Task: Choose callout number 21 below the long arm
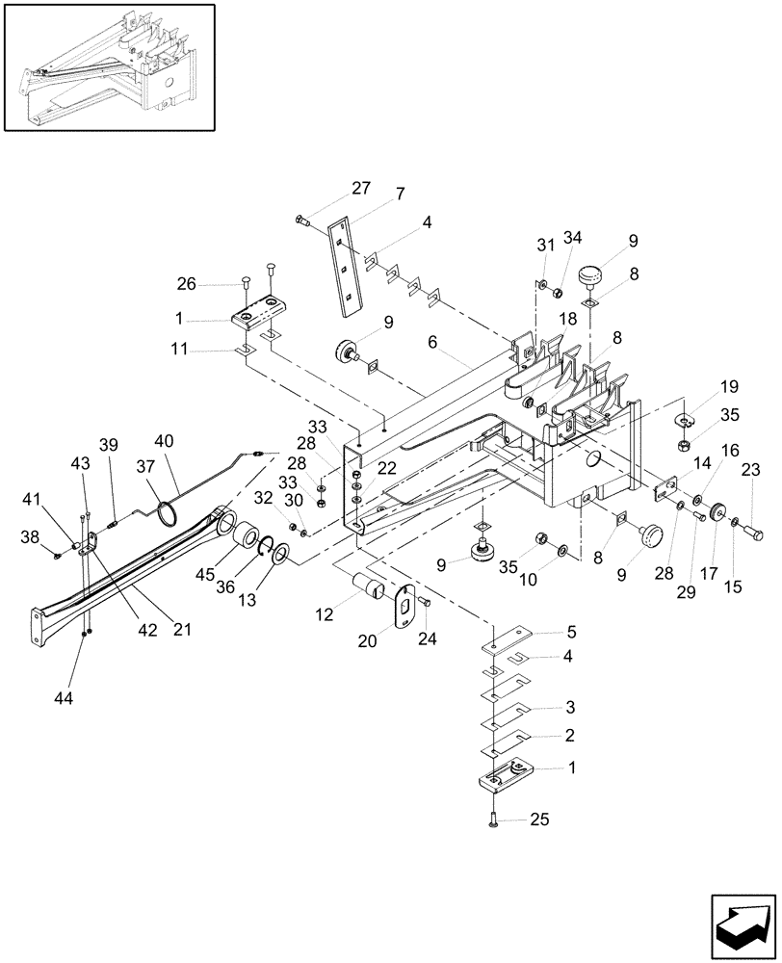(182, 630)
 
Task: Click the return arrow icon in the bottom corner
(743, 922)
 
